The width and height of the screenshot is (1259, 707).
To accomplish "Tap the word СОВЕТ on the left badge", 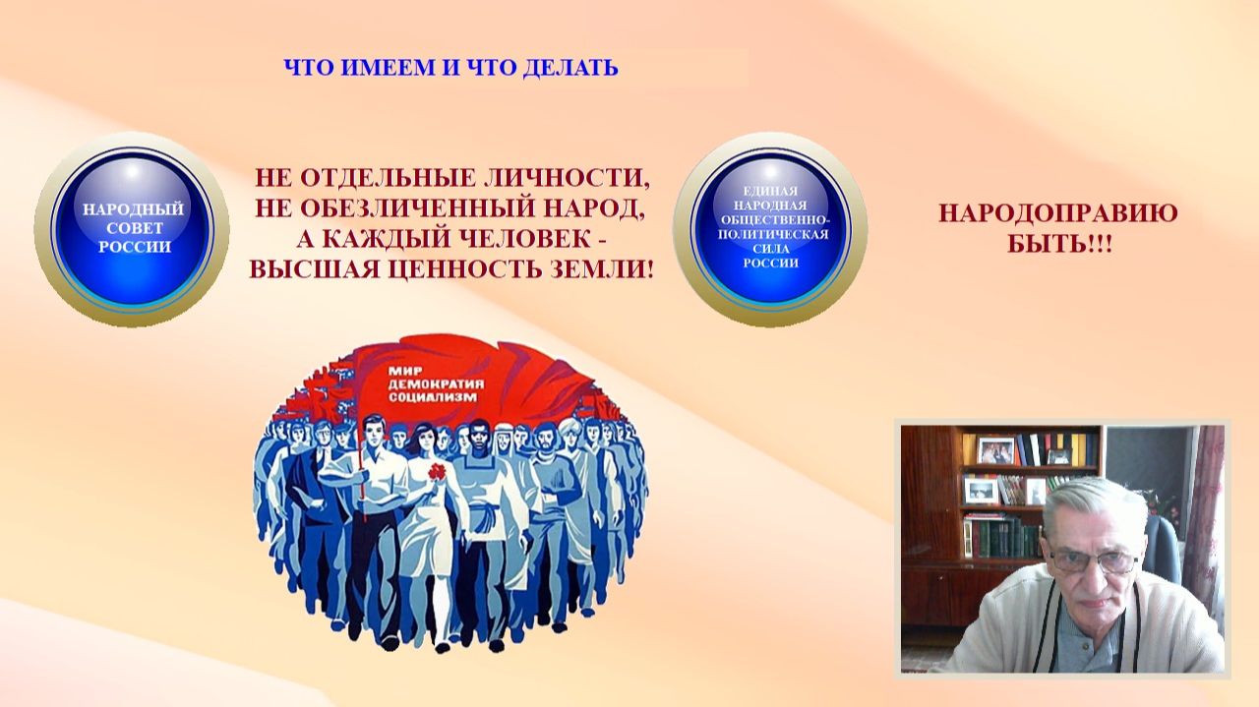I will [x=134, y=228].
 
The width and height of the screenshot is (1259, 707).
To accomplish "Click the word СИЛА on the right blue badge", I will [x=770, y=250].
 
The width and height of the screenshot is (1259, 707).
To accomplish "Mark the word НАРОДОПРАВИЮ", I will [x=1057, y=214].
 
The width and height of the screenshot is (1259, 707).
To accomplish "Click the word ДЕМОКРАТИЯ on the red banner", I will [x=420, y=385].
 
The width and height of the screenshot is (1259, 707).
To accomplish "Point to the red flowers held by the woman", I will [x=436, y=474].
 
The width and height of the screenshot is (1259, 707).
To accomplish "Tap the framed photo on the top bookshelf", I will [x=995, y=450].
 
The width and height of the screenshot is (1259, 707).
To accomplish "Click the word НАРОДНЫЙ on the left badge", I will [x=134, y=209].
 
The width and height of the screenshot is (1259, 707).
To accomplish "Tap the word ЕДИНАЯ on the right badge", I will [x=770, y=190].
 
